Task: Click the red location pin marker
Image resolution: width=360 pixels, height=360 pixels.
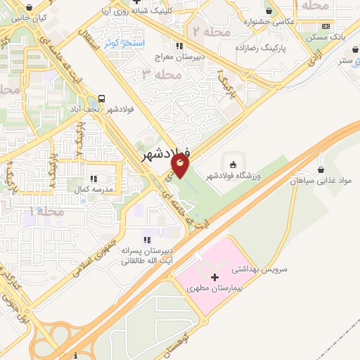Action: (181, 166)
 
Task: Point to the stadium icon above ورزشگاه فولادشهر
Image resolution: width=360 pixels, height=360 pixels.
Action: (233, 165)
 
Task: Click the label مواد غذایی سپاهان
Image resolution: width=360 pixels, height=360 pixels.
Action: (321, 181)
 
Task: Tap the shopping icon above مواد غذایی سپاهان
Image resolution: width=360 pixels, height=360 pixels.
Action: (321, 169)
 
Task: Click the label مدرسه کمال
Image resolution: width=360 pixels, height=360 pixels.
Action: (94, 190)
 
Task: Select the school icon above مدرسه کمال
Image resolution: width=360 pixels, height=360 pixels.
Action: (94, 179)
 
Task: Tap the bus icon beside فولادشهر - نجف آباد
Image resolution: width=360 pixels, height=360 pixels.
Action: (103, 98)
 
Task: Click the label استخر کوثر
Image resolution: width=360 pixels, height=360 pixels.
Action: (124, 43)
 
